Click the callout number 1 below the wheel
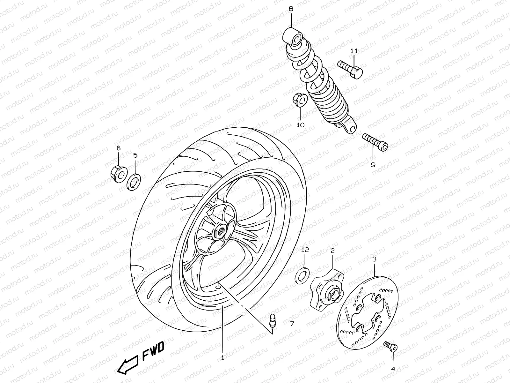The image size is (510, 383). (x=222, y=358)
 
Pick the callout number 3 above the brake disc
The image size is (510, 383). (x=374, y=259)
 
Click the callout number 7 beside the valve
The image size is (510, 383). (x=292, y=324)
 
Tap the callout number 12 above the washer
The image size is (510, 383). (x=305, y=250)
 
